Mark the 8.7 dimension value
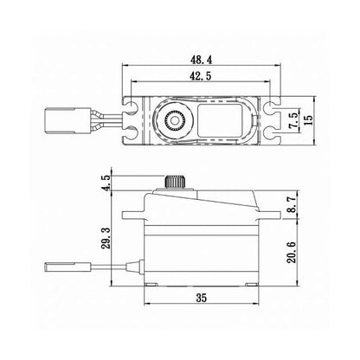tap(294, 205)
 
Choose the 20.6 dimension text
tap(294, 254)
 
